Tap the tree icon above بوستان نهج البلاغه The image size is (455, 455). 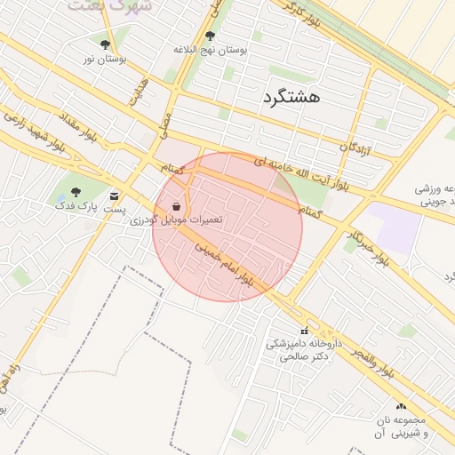[x=210, y=36]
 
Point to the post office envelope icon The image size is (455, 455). [x=114, y=196]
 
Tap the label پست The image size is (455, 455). [x=113, y=210]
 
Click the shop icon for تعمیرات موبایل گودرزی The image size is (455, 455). [x=177, y=206]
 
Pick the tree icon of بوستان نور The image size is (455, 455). [x=106, y=44]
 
